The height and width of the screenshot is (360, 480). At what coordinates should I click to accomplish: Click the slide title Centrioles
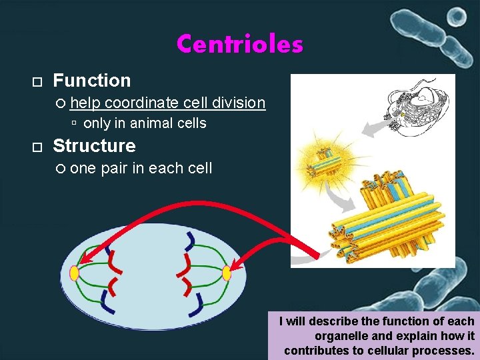[239, 45]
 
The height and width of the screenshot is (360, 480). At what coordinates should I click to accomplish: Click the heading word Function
[91, 81]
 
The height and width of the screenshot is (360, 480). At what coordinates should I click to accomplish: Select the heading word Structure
[94, 146]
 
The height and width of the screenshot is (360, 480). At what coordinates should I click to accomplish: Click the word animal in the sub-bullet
[151, 123]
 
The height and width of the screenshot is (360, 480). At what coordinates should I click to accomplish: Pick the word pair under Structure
[115, 168]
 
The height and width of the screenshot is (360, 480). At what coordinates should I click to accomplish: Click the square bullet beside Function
[37, 82]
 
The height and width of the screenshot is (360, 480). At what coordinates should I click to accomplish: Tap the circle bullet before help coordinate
[61, 103]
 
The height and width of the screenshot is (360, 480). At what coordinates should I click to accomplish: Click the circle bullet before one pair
[61, 169]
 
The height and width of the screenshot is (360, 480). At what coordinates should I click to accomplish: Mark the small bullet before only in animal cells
[75, 124]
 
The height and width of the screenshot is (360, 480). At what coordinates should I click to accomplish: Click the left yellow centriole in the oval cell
[74, 273]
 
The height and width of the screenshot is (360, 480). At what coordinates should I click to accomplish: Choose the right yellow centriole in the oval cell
[227, 273]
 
